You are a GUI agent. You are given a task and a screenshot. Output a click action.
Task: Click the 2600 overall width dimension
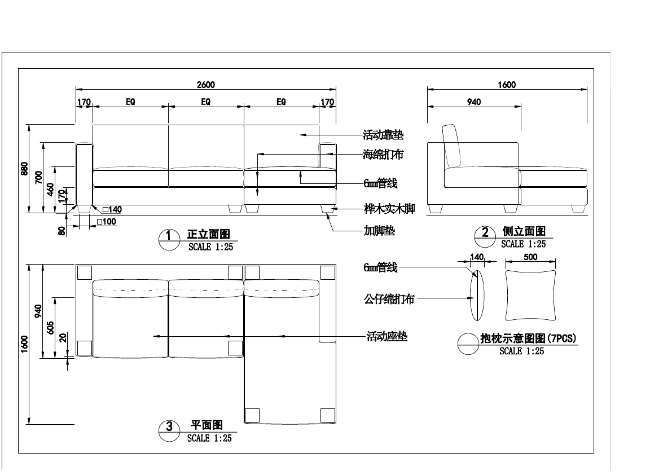coord(206,85)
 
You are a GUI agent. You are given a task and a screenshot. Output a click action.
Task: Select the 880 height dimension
coord(24,169)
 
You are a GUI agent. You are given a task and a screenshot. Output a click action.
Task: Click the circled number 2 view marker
coord(485,232)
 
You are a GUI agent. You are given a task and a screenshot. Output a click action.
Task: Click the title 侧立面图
coord(524,232)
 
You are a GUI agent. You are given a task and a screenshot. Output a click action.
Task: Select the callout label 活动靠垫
coord(383,135)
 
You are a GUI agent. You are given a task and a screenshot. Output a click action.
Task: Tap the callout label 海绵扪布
coord(383,154)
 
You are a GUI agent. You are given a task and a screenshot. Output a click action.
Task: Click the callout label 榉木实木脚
coord(389,209)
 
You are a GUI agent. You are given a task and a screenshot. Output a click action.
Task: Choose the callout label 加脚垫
coord(379,231)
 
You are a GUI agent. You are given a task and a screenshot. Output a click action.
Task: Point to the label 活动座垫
coord(387,337)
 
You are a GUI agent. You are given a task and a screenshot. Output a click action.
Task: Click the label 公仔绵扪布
coord(389,299)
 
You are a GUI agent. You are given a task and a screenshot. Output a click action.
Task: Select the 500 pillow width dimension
coord(530,257)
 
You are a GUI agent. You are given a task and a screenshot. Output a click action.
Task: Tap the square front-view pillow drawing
coord(530,295)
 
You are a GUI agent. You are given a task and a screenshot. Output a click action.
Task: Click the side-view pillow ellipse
coord(477,295)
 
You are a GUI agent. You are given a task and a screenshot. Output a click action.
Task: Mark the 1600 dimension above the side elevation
coord(507,85)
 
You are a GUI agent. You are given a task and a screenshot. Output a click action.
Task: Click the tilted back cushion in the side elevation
coord(453,146)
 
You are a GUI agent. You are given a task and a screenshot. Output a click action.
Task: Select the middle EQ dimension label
coord(206,102)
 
